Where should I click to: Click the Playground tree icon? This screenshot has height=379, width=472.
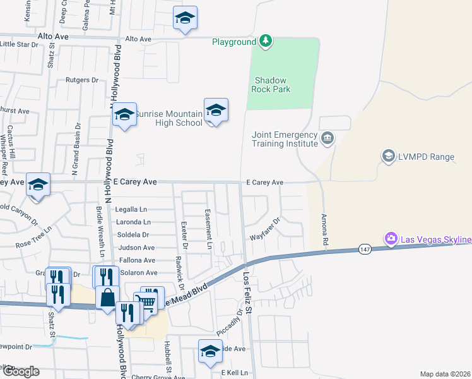click(x=266, y=42)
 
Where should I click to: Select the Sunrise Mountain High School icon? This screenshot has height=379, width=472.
click(x=216, y=111)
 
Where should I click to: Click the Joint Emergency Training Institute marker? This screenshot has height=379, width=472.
click(x=327, y=138)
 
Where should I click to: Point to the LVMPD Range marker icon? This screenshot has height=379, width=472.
click(x=388, y=155)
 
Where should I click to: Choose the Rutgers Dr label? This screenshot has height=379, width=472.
click(x=83, y=80)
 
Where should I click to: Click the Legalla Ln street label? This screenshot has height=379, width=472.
click(x=131, y=209)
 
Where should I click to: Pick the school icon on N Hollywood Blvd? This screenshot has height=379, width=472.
click(x=125, y=114)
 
